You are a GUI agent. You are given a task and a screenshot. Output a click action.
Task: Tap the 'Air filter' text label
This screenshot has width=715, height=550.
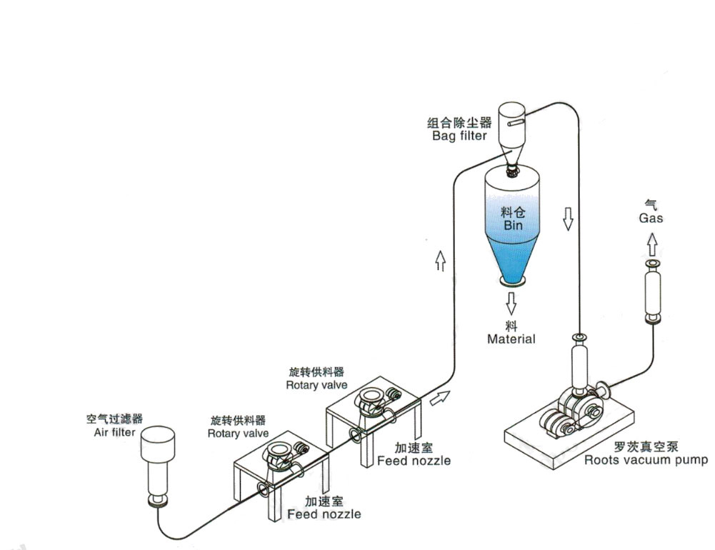(x=114, y=431)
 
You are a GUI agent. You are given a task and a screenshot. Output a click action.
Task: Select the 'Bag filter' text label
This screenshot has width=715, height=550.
(x=459, y=135)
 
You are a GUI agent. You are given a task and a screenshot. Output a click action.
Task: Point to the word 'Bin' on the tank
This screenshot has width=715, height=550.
(x=512, y=226)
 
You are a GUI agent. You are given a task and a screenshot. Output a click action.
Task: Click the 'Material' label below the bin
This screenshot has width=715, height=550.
(x=511, y=339)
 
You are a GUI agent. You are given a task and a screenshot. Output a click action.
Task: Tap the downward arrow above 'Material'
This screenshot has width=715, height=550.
(x=511, y=304)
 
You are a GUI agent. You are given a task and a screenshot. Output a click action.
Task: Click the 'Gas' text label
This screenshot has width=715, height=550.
(x=651, y=218)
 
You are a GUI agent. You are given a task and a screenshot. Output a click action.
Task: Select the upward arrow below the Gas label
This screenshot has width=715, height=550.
(x=651, y=245)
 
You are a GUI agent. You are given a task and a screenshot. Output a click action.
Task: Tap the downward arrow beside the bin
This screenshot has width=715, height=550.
(x=569, y=218)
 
